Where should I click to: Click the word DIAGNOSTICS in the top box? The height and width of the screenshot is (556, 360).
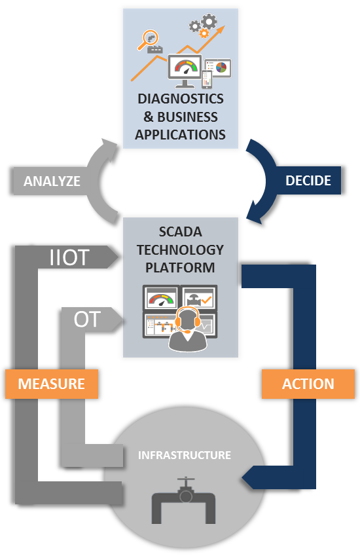click(x=181, y=99)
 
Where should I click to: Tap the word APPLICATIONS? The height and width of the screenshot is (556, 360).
click(x=181, y=135)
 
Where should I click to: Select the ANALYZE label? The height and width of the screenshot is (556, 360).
click(x=52, y=181)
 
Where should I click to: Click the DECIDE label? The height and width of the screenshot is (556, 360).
click(x=308, y=181)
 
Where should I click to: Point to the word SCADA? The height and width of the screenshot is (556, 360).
click(x=181, y=232)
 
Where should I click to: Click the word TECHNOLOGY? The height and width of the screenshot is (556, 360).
click(x=181, y=250)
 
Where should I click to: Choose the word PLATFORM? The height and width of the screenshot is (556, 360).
click(x=181, y=268)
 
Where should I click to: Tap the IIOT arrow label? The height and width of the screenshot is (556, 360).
click(x=69, y=257)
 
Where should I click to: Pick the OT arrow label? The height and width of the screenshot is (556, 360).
click(x=87, y=319)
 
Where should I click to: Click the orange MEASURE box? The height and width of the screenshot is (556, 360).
click(x=51, y=384)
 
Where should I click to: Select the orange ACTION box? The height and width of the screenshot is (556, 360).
click(x=308, y=384)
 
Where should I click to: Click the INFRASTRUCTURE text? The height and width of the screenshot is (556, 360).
click(x=184, y=455)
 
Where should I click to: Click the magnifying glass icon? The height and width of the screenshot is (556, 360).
click(x=147, y=40)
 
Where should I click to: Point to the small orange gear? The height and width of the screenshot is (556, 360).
click(x=204, y=33)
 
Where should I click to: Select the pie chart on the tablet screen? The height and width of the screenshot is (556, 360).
click(x=221, y=67)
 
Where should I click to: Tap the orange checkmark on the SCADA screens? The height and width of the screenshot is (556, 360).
click(x=206, y=301)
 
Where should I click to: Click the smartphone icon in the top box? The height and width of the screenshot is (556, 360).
click(x=207, y=79)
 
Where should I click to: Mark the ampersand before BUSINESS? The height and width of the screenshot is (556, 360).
click(x=149, y=117)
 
